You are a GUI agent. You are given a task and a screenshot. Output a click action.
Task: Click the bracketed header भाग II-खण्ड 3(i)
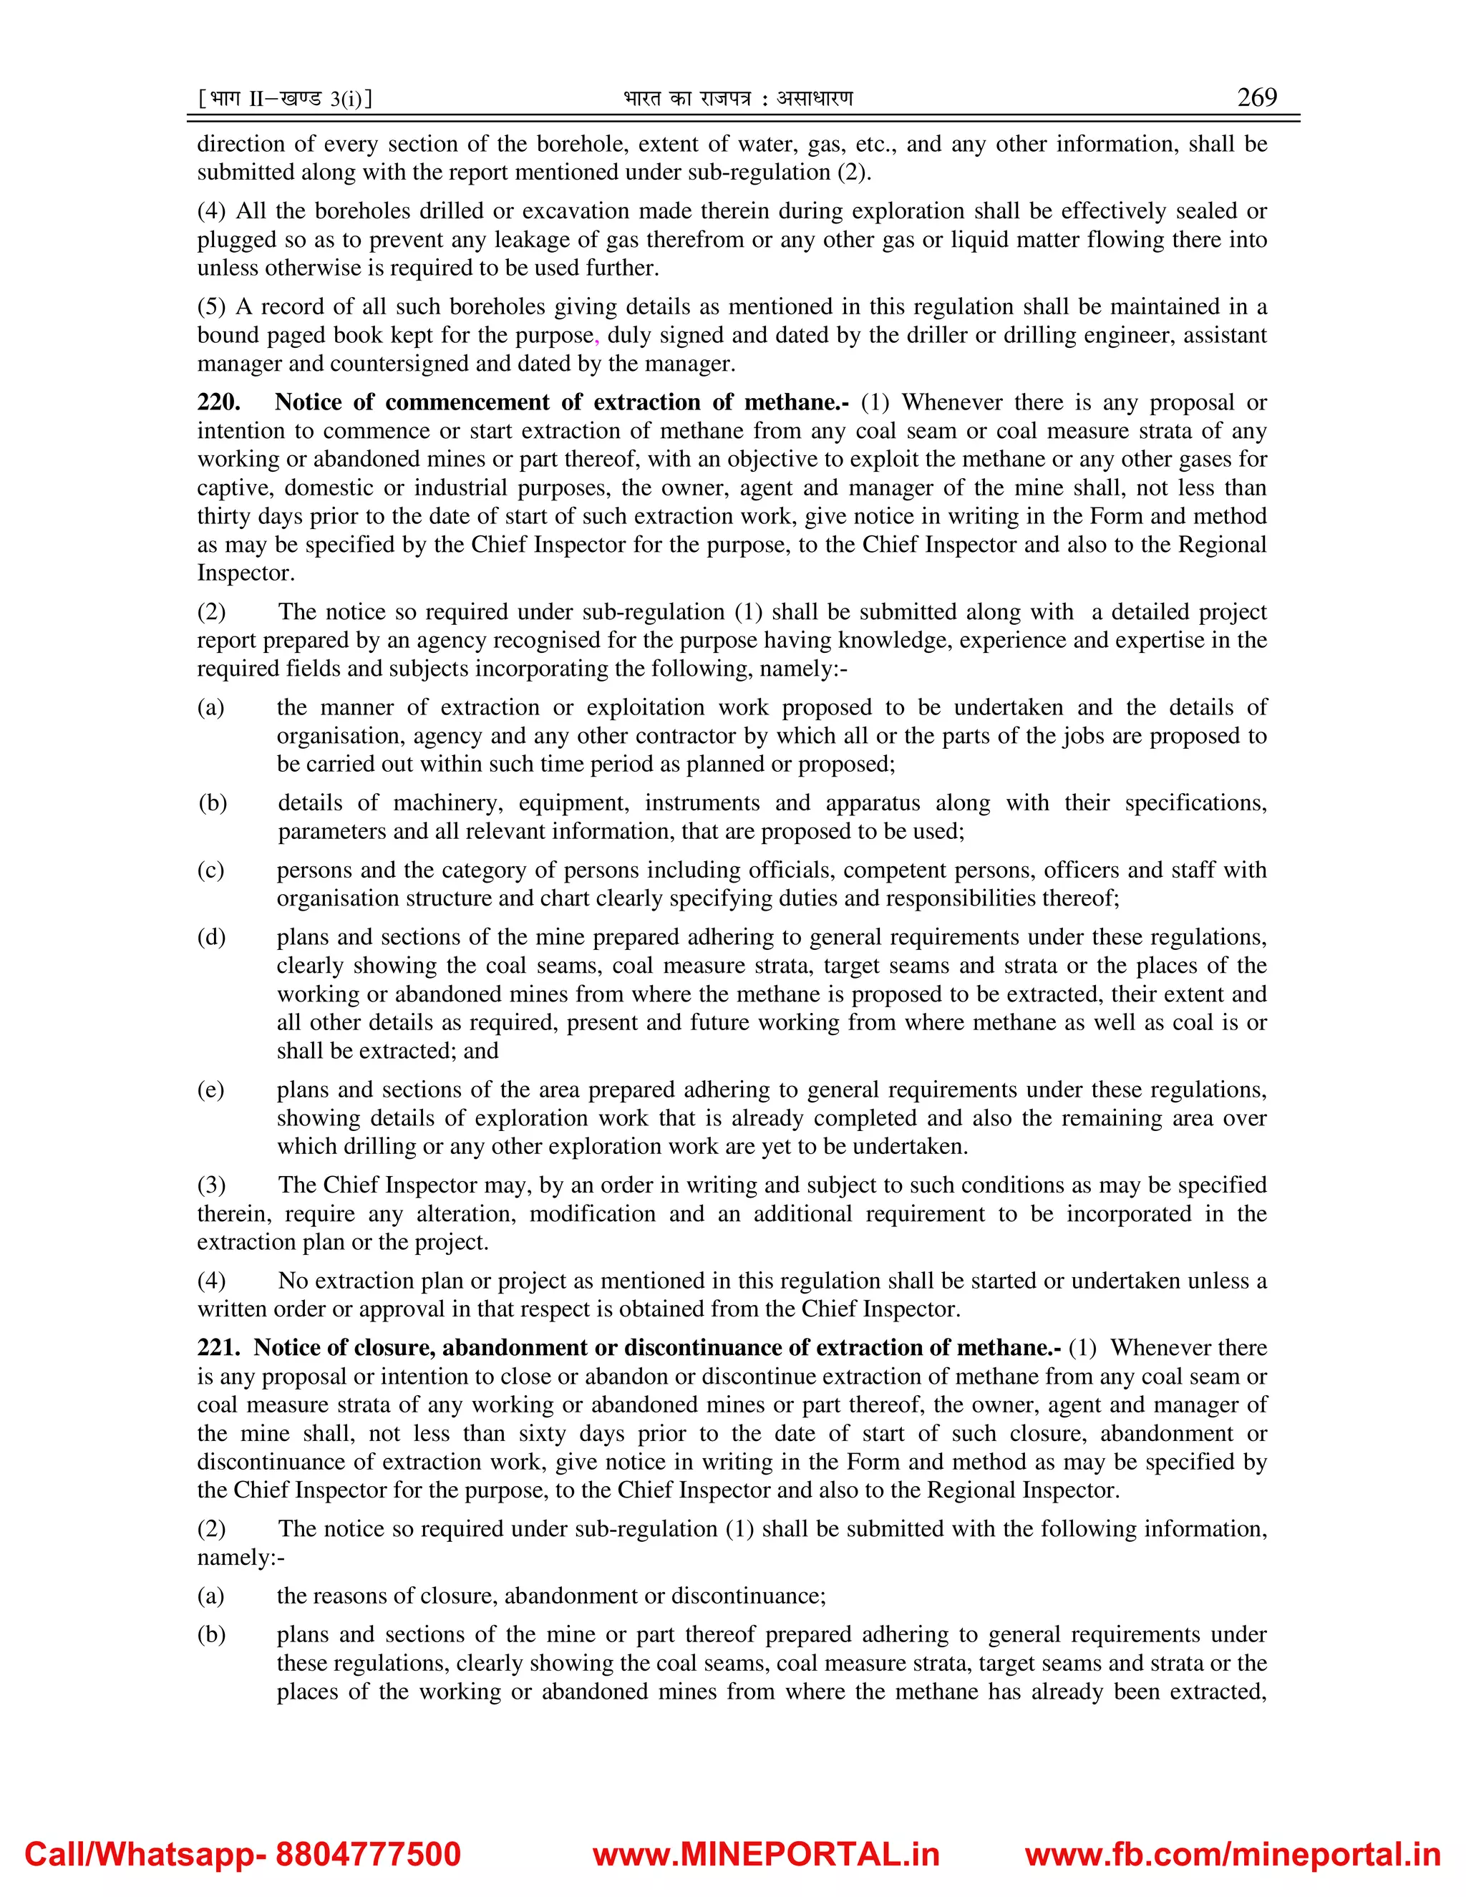click(286, 99)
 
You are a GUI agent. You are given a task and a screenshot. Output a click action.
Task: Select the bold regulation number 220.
click(219, 402)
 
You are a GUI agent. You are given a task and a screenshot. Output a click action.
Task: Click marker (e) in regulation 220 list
click(211, 1090)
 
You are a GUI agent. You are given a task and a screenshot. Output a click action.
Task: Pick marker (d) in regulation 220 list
click(211, 936)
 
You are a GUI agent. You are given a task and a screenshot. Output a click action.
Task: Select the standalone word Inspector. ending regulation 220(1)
click(246, 573)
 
